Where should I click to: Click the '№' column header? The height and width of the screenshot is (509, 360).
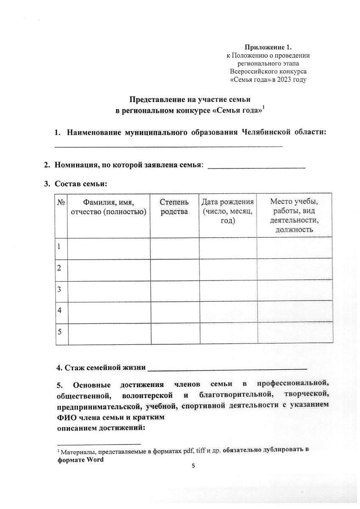(60, 202)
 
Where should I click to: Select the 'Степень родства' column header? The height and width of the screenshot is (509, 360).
(174, 207)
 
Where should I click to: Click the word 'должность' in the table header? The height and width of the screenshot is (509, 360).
(294, 230)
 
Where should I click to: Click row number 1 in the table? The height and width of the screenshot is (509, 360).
(59, 246)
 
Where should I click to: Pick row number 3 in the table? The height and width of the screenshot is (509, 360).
(59, 289)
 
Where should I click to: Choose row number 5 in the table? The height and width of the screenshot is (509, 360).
(59, 332)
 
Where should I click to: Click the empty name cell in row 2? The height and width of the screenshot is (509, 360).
(109, 268)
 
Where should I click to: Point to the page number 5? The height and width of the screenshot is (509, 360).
(194, 466)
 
